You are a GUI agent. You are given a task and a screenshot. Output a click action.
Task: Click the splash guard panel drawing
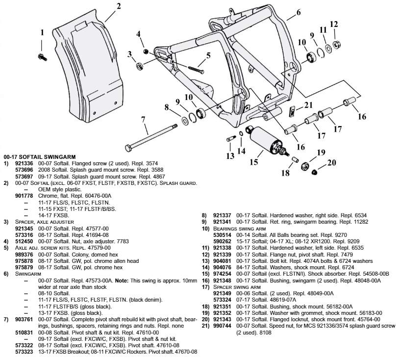pos(76,74)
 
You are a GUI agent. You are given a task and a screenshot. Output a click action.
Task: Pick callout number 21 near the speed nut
pos(308,104)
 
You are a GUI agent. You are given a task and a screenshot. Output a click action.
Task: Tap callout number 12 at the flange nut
pos(334,25)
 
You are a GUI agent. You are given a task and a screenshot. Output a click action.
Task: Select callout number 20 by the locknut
pos(332,163)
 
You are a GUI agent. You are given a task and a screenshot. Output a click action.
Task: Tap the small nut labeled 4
pos(146,51)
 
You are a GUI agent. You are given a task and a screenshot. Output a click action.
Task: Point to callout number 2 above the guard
pos(118,7)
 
